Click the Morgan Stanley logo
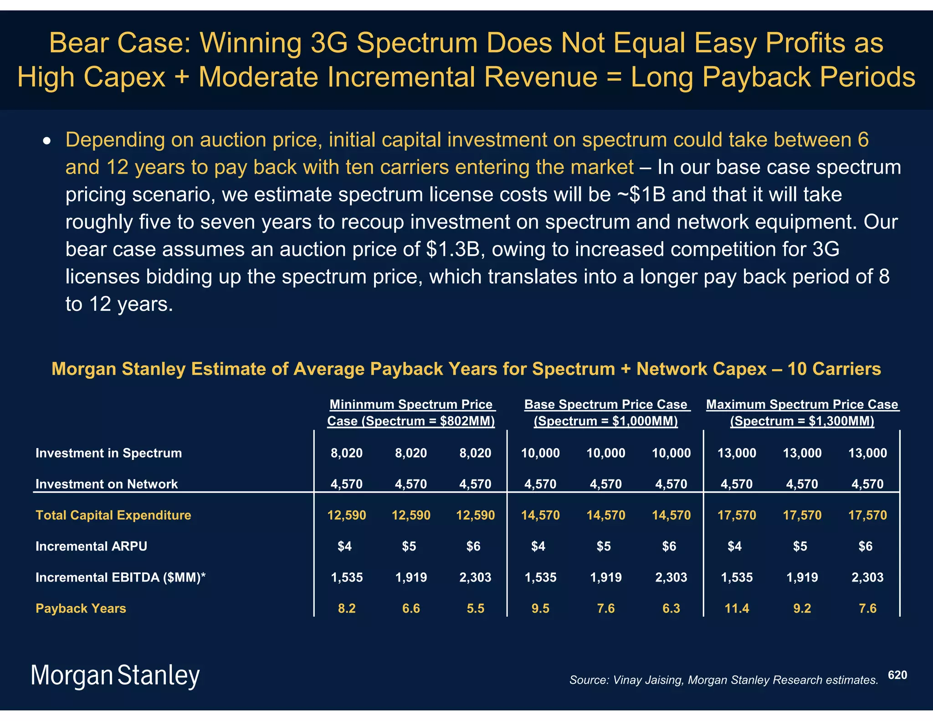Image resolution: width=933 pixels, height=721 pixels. pos(115,675)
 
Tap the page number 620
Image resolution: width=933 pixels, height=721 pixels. pos(897,675)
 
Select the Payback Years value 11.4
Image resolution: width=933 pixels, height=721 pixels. pos(737,608)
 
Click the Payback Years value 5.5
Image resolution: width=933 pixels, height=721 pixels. pos(475,608)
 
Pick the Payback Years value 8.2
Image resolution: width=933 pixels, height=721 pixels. pos(346,608)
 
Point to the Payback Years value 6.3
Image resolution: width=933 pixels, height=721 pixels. pos(671,608)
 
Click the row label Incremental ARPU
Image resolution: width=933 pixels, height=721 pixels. pos(91,546)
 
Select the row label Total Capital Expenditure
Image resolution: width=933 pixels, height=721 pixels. pos(113,515)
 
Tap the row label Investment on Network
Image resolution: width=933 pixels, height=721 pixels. pos(106,484)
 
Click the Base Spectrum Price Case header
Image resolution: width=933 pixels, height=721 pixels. pos(606,412)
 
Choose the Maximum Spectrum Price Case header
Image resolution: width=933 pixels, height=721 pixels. pos(802,412)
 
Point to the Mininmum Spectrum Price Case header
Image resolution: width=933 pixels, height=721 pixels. pos(411,412)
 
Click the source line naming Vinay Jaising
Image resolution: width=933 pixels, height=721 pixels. pos(723,680)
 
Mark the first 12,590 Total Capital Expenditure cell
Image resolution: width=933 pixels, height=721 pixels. pos(346,515)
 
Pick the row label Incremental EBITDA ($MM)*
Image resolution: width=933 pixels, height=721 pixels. pos(120,577)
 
